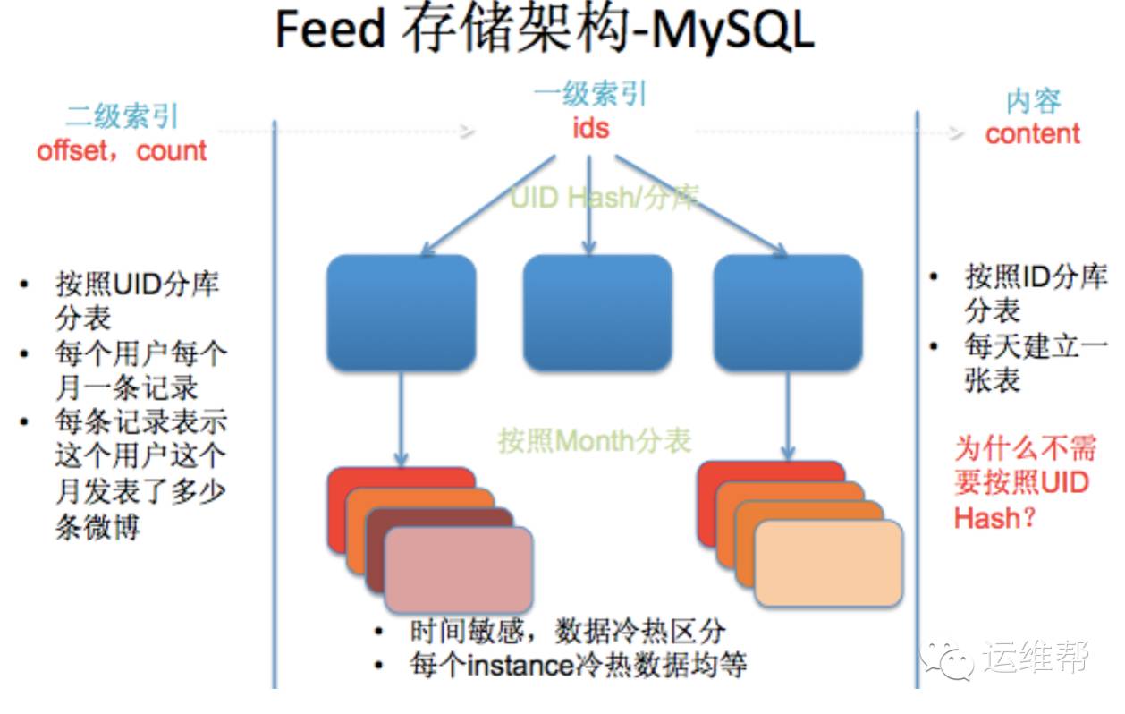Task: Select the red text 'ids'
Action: click(x=590, y=128)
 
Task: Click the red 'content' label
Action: click(x=1032, y=133)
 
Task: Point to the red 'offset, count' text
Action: click(x=122, y=149)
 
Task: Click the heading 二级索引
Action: click(x=122, y=116)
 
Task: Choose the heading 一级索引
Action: click(x=590, y=94)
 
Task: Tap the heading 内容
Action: click(x=1033, y=101)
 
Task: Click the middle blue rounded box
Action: click(x=596, y=313)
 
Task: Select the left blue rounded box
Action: click(x=401, y=313)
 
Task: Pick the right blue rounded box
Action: click(x=788, y=313)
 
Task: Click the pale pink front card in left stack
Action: click(x=459, y=569)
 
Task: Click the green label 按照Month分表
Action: click(x=595, y=439)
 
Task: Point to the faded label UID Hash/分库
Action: click(x=604, y=197)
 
